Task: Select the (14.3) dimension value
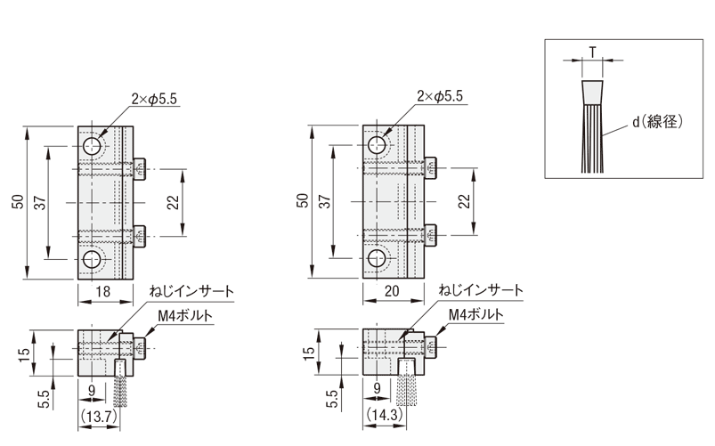tap(383, 417)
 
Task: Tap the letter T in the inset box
tap(591, 51)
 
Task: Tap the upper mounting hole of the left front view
tap(93, 146)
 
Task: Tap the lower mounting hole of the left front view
tap(93, 259)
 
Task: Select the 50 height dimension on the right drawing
tap(304, 202)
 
